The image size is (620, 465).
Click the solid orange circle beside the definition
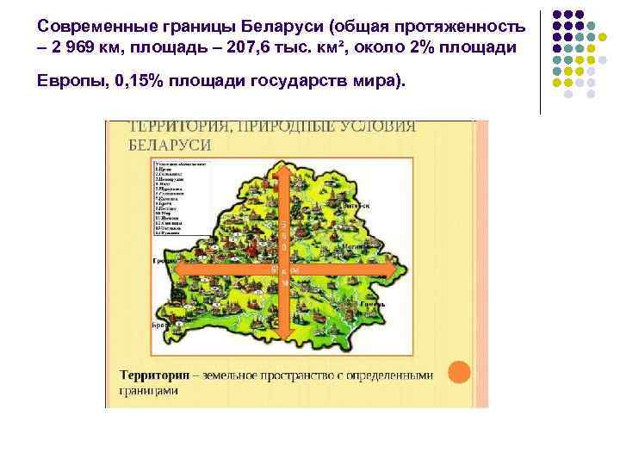(x=461, y=372)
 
